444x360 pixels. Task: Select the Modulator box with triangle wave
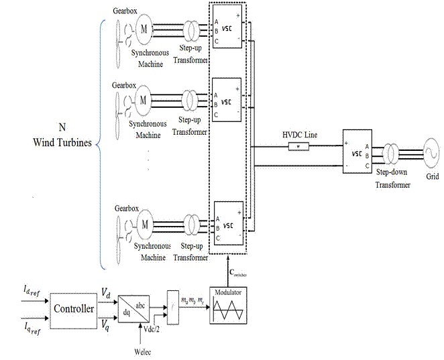click(228, 307)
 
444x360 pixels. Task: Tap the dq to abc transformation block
click(133, 309)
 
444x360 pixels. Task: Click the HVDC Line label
click(301, 135)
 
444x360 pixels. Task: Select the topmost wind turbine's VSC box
click(227, 28)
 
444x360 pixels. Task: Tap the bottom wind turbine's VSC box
click(227, 223)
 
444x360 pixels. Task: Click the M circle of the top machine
click(144, 27)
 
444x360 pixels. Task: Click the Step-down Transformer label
click(392, 178)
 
